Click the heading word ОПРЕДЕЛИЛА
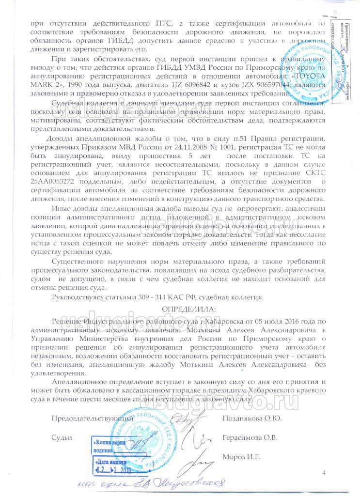pyautogui.click(x=189, y=309)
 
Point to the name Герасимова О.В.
pyautogui.click(x=250, y=437)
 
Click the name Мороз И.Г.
pyautogui.click(x=241, y=456)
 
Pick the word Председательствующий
pyautogui.click(x=93, y=418)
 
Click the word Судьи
pyautogui.click(x=62, y=437)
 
